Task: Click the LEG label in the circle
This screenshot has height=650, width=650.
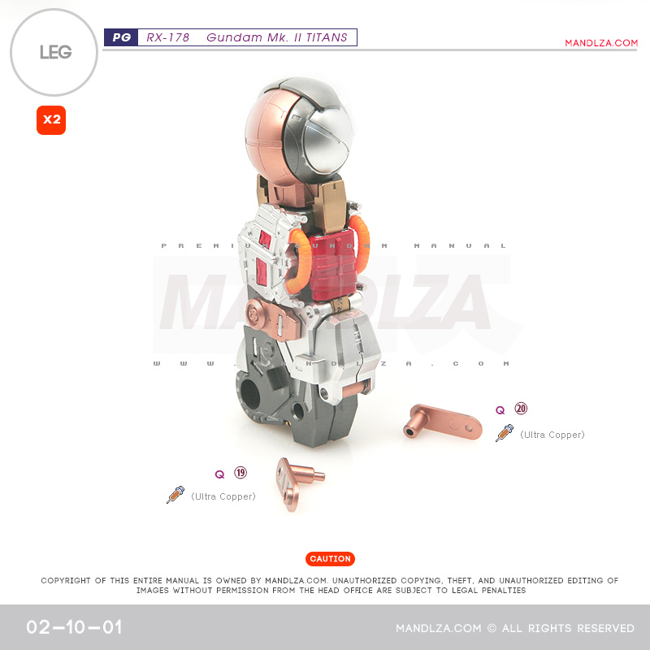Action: click(x=55, y=53)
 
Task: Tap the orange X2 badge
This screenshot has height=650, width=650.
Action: click(x=51, y=120)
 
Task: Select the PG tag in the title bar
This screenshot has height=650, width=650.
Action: click(x=121, y=37)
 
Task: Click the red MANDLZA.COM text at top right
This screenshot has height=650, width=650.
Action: click(x=601, y=43)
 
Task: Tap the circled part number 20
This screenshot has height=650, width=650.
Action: click(x=521, y=409)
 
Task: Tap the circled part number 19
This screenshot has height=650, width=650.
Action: click(x=240, y=473)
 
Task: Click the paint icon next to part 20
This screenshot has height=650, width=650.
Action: click(x=505, y=433)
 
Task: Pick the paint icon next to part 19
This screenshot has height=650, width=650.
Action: click(x=175, y=495)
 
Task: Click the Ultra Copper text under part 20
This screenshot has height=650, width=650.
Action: click(x=552, y=435)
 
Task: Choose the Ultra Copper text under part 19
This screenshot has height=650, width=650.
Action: click(x=223, y=496)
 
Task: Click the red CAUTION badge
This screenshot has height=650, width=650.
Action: click(x=331, y=559)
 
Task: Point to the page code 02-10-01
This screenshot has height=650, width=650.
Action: click(x=74, y=627)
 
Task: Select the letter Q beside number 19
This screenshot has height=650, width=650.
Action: click(x=219, y=474)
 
